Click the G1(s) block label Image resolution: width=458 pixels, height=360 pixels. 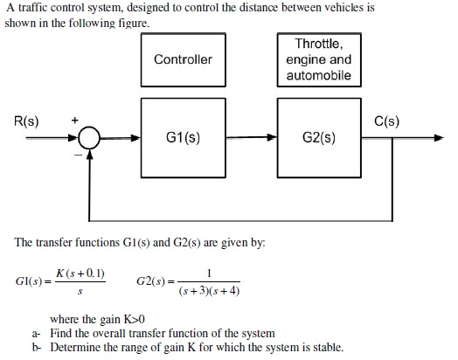click(x=184, y=137)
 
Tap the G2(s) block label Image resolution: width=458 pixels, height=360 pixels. click(x=319, y=137)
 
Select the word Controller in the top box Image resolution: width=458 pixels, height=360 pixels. click(x=184, y=59)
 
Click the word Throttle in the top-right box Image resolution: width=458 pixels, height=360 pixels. click(x=319, y=44)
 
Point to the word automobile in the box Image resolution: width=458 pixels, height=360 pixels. click(x=319, y=75)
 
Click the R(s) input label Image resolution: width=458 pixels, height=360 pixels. click(x=26, y=121)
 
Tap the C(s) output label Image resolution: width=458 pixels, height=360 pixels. click(x=386, y=121)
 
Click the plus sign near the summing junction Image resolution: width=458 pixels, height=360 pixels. click(x=75, y=120)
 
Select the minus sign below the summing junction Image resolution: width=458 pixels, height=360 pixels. click(x=79, y=155)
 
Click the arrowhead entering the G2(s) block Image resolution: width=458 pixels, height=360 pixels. click(x=272, y=137)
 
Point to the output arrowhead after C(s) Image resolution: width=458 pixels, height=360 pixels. click(x=439, y=138)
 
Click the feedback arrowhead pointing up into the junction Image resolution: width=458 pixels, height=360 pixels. click(x=90, y=155)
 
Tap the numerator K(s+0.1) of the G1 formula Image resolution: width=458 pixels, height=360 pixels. click(x=80, y=273)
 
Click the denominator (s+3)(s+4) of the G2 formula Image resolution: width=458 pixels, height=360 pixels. click(x=209, y=291)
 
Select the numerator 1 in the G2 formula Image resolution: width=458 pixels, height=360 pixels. click(x=209, y=273)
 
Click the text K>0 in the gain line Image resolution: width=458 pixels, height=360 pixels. click(x=134, y=319)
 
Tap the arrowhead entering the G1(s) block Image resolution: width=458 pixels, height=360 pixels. click(x=135, y=138)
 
